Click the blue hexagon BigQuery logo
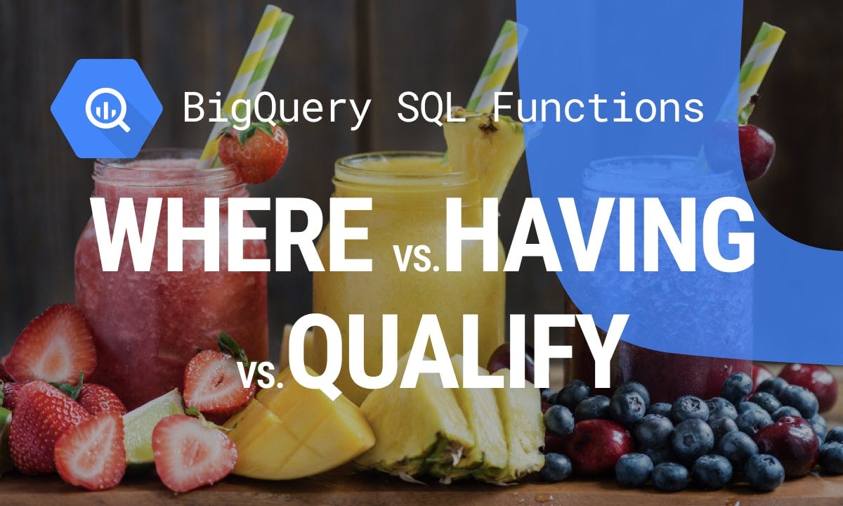(106, 108)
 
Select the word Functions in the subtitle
(598, 108)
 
